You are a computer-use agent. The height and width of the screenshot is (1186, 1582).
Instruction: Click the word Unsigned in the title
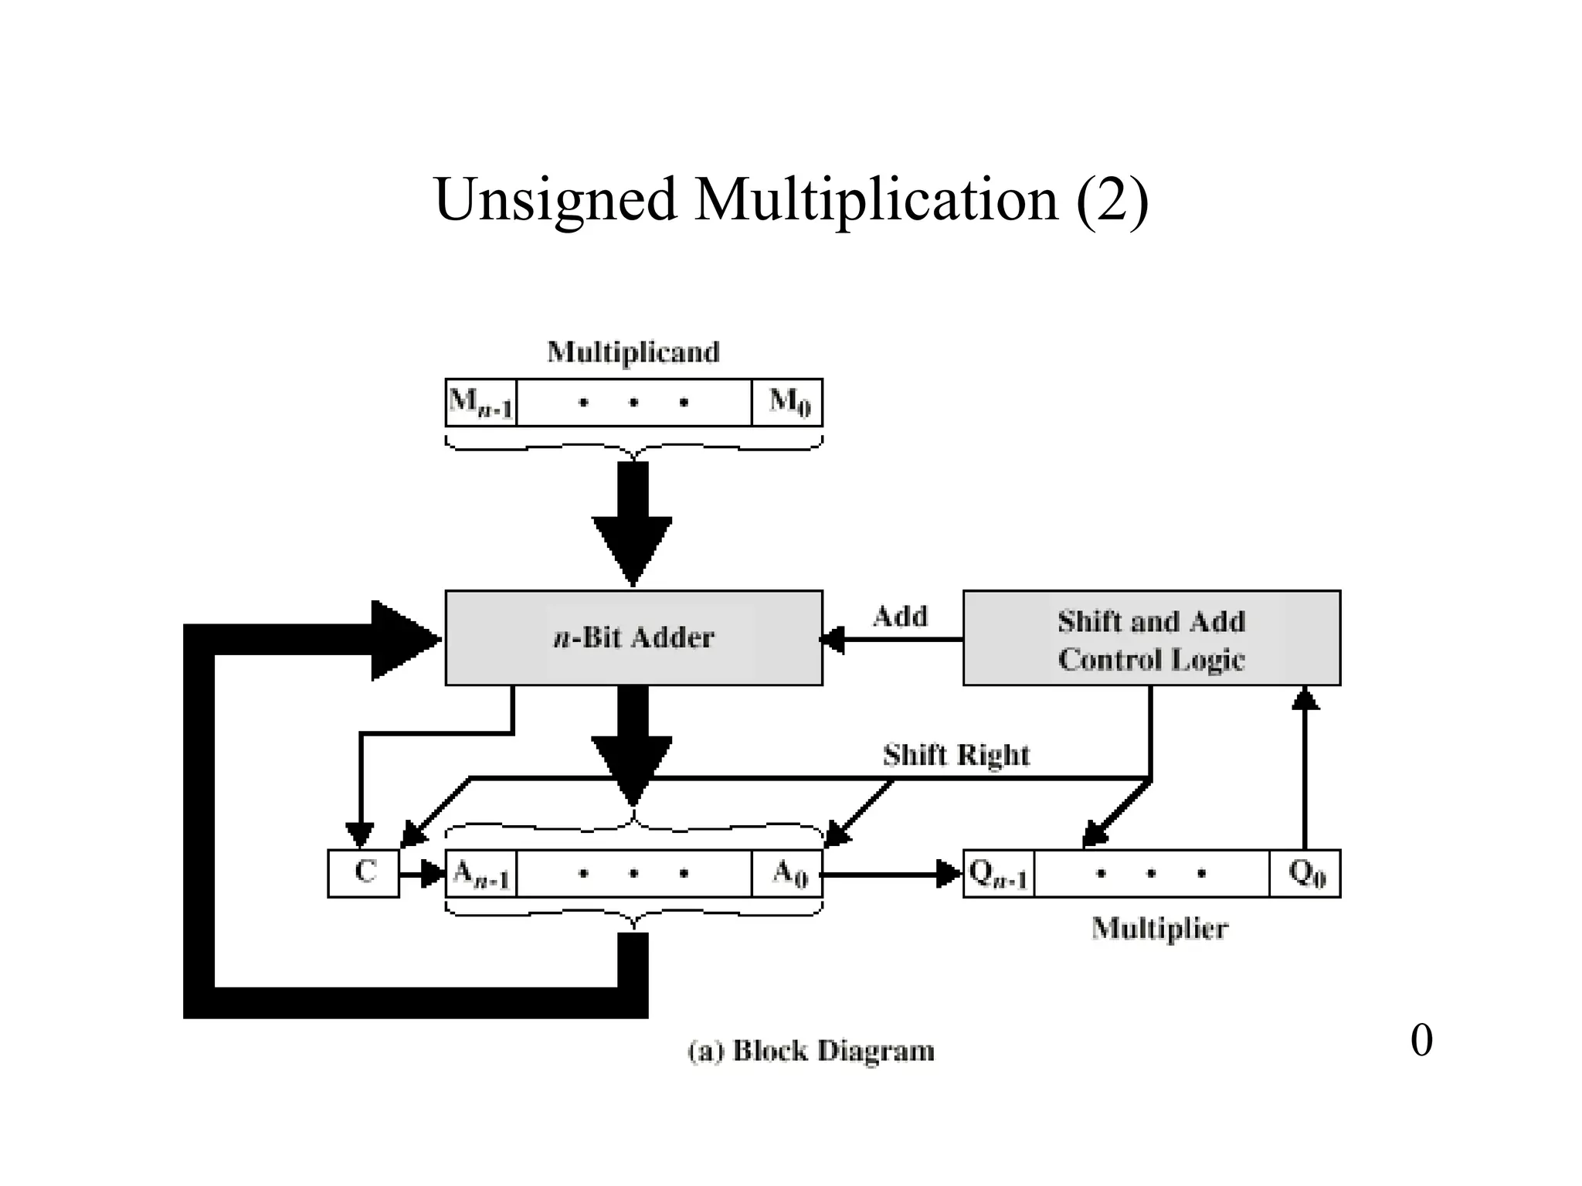click(555, 199)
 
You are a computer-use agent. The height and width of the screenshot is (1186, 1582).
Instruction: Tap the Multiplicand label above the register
click(633, 352)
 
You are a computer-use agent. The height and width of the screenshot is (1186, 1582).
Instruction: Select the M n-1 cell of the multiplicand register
click(480, 403)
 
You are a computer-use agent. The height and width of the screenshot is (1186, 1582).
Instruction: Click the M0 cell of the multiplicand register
click(788, 403)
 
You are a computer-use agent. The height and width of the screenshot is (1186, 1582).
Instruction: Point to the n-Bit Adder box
click(633, 638)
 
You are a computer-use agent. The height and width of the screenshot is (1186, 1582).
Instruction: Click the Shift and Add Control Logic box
click(1151, 639)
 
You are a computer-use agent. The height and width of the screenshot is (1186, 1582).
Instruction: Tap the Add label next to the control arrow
click(900, 617)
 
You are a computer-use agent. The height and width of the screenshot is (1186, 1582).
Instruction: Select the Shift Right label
click(956, 755)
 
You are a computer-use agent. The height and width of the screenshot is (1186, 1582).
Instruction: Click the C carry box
click(363, 873)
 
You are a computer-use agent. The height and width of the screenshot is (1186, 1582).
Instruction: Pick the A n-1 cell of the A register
click(480, 874)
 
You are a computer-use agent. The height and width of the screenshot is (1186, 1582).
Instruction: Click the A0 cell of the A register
click(788, 874)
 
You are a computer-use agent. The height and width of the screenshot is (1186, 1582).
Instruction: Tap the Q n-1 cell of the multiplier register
click(998, 874)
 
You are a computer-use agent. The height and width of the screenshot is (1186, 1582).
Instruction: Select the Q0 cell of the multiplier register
click(1305, 874)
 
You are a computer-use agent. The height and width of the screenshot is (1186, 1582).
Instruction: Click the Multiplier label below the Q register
click(1159, 928)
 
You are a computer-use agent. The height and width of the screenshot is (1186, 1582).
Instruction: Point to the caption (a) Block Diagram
click(810, 1051)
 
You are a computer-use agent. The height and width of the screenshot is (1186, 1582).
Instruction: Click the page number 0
click(1421, 1040)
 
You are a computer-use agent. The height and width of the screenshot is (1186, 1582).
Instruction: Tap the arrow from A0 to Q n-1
click(888, 875)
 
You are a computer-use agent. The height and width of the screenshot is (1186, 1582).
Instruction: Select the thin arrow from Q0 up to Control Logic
click(1305, 773)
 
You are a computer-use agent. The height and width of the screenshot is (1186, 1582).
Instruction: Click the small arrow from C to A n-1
click(421, 875)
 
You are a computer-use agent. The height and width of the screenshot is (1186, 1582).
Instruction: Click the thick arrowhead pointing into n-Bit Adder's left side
click(402, 640)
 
